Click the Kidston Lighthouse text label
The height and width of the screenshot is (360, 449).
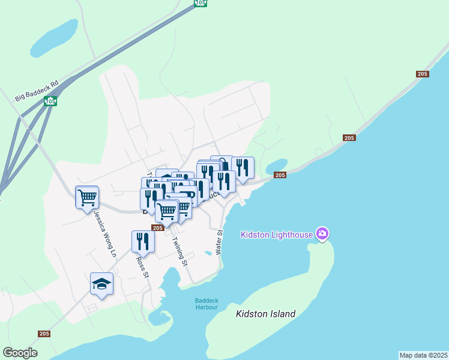tap(277, 234)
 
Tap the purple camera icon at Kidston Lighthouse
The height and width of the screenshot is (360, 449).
tap(322, 233)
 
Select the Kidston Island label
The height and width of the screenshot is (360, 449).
tap(266, 314)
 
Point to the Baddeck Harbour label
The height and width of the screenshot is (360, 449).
tap(206, 304)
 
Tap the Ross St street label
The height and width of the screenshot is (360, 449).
tap(142, 268)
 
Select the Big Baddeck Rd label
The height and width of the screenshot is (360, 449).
tap(37, 88)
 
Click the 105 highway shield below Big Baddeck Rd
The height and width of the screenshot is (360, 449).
tap(50, 101)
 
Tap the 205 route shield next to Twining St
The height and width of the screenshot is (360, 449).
tap(158, 228)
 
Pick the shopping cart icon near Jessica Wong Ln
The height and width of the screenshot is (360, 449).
tap(87, 196)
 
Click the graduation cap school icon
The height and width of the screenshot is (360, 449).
tap(101, 283)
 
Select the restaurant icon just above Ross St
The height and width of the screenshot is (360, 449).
tap(143, 241)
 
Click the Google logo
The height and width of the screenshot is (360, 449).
tap(20, 353)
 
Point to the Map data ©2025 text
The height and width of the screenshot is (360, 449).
tap(424, 355)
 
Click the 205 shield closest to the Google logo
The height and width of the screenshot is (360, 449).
tap(44, 334)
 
